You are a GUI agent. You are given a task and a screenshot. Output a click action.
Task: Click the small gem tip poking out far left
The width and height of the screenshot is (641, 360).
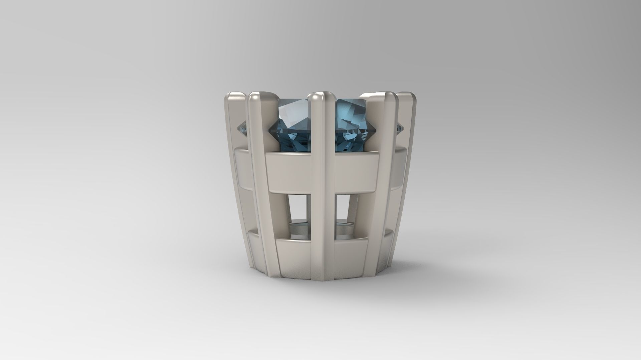[243, 128]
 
